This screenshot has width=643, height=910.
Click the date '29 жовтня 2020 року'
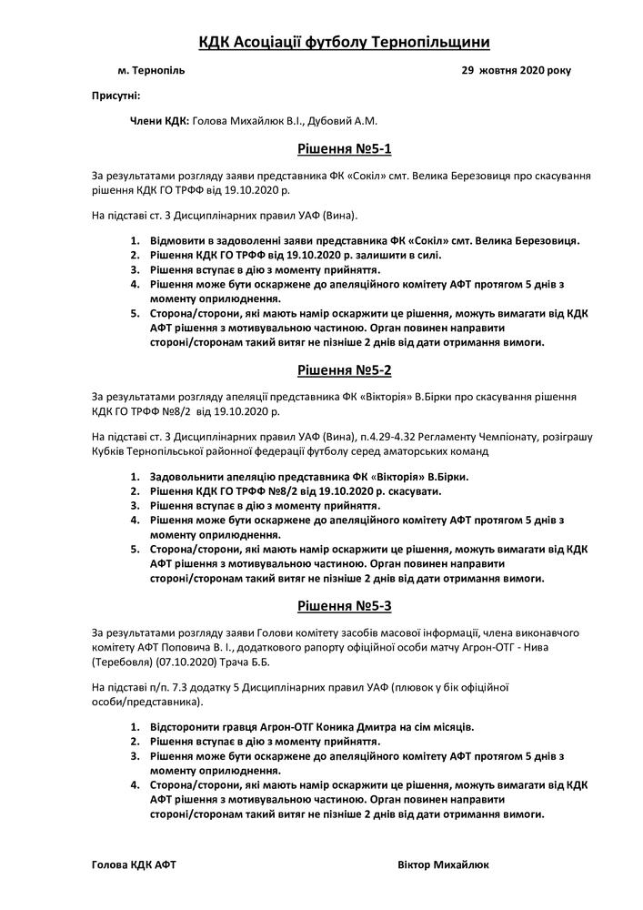coord(517,70)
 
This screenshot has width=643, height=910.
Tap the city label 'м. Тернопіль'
coord(151,70)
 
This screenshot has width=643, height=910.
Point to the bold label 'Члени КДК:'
coord(159,120)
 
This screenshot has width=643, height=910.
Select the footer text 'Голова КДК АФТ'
coord(134,864)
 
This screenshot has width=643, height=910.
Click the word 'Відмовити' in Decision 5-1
coord(177,240)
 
